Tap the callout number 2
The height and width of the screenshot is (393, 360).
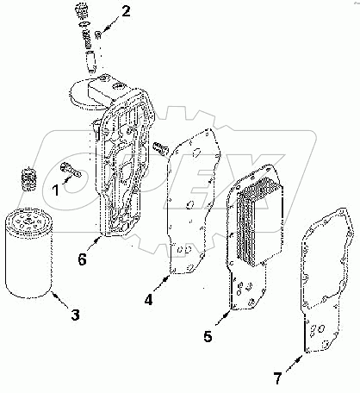pos(126,11)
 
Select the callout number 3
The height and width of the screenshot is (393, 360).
pos(75,315)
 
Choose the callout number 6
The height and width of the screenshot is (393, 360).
pos(80,258)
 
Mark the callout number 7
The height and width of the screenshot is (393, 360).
pos(276,377)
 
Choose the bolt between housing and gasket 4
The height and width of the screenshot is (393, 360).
pos(159,148)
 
